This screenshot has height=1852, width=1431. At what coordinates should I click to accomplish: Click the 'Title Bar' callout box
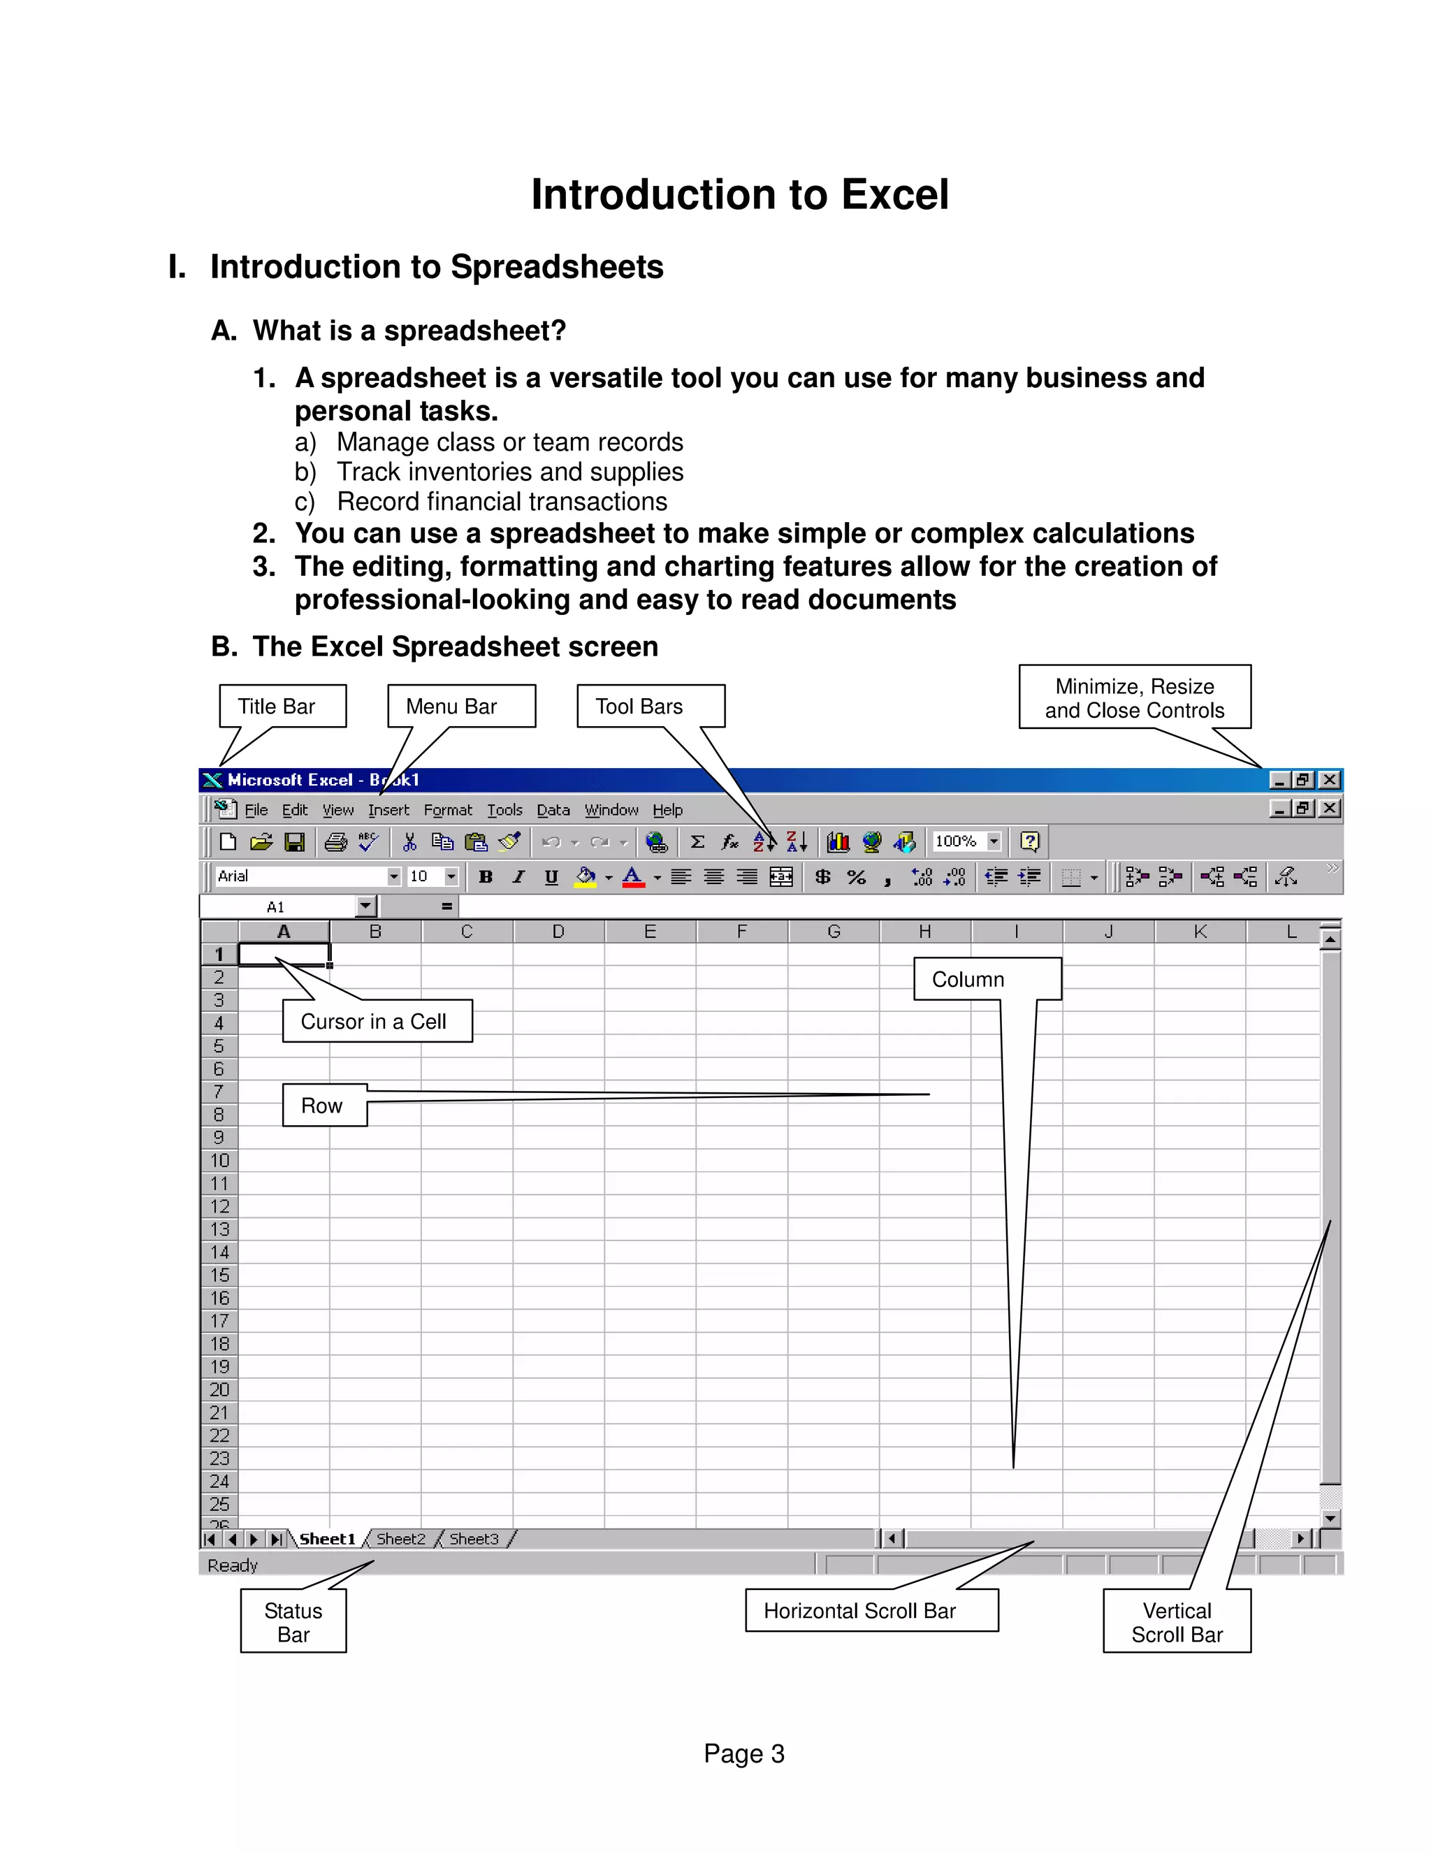[x=282, y=706]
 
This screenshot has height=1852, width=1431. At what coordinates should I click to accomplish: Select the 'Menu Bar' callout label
[x=460, y=706]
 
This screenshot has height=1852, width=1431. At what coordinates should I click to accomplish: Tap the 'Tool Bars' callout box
[x=651, y=706]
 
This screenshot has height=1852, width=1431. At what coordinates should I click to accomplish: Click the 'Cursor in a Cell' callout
[x=377, y=1021]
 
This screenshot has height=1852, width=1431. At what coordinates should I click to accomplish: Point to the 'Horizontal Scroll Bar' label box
[x=871, y=1610]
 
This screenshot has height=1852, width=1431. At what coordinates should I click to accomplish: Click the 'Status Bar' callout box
[x=293, y=1622]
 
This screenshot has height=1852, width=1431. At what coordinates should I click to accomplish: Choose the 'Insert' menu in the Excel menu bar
[x=388, y=810]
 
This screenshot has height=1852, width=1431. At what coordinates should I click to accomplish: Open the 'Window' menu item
[x=611, y=810]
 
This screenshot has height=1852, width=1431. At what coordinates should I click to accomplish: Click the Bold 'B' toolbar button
[x=486, y=877]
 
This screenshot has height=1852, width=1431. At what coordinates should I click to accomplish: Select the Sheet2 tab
[x=401, y=1538]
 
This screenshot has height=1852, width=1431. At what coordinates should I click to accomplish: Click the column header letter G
[x=834, y=931]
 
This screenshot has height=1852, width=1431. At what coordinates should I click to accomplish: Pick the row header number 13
[x=219, y=1229]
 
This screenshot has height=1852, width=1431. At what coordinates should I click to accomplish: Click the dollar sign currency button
[x=822, y=877]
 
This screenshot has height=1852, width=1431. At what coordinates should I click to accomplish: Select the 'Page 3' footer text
[x=743, y=1753]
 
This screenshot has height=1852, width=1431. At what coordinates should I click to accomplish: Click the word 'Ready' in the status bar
[x=232, y=1565]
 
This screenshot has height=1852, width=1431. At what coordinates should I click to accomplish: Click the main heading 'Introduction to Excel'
[x=739, y=194]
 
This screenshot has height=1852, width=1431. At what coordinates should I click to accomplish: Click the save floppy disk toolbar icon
[x=294, y=842]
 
